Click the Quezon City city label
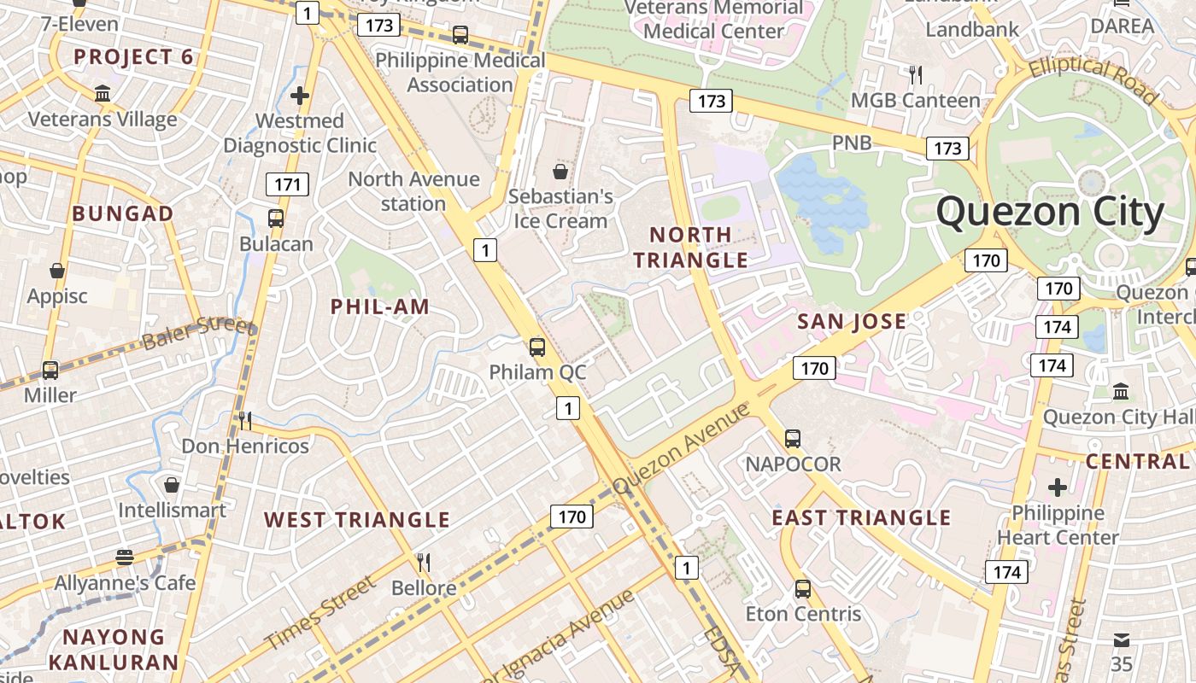[x=1050, y=213]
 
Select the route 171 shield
[x=287, y=184]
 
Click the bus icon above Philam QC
[x=536, y=347]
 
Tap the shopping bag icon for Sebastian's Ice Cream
[x=560, y=172]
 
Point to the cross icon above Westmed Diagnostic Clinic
[x=299, y=96]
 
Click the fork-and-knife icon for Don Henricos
[x=244, y=420]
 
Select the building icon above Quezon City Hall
[x=1121, y=391]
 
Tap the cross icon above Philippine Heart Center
[x=1058, y=487]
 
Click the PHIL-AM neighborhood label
[x=380, y=306]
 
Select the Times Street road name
[x=319, y=613]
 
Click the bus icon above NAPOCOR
[x=793, y=439]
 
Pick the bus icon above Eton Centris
[x=803, y=588]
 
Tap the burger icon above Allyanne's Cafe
[x=125, y=557]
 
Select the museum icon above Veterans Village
[x=103, y=93]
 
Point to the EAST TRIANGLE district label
[x=861, y=517]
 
